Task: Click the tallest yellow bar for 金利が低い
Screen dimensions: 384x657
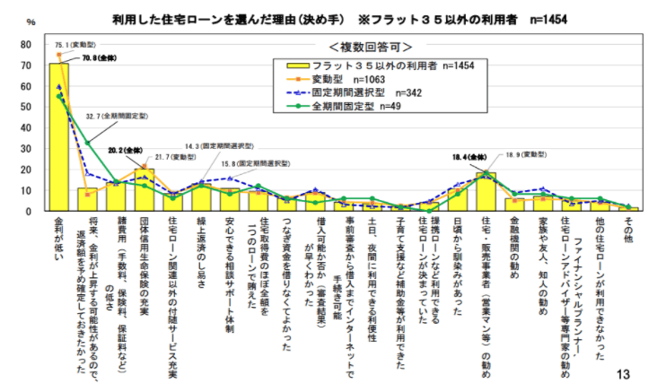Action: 59,137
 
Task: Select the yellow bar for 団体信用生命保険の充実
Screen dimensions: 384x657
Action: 145,190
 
